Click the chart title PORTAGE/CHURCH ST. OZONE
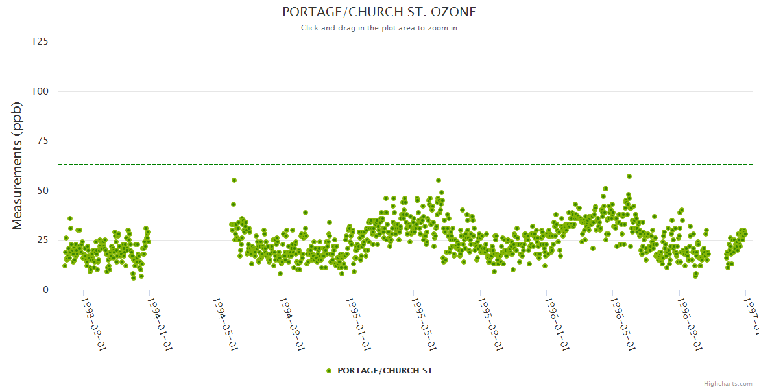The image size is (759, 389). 379,12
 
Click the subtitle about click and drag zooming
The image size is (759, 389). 379,28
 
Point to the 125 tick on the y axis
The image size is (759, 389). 40,41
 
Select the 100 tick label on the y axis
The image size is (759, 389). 40,91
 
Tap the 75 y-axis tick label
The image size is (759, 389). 42,141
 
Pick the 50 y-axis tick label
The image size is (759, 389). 42,191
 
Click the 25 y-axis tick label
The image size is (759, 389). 42,241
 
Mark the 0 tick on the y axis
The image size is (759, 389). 45,290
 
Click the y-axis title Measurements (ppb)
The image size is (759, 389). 18,165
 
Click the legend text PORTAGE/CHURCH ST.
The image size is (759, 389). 386,371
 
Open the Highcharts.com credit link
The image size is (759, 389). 728,384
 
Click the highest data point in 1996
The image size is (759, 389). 629,176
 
